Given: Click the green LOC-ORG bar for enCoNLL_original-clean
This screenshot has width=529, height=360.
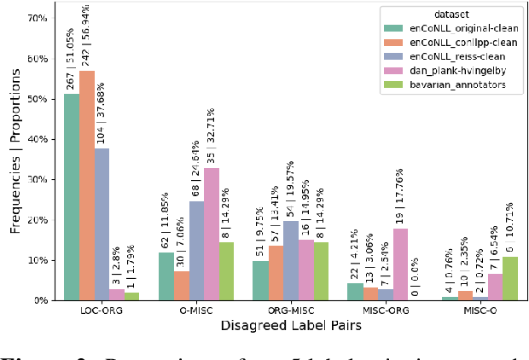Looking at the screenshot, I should (x=72, y=197).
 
